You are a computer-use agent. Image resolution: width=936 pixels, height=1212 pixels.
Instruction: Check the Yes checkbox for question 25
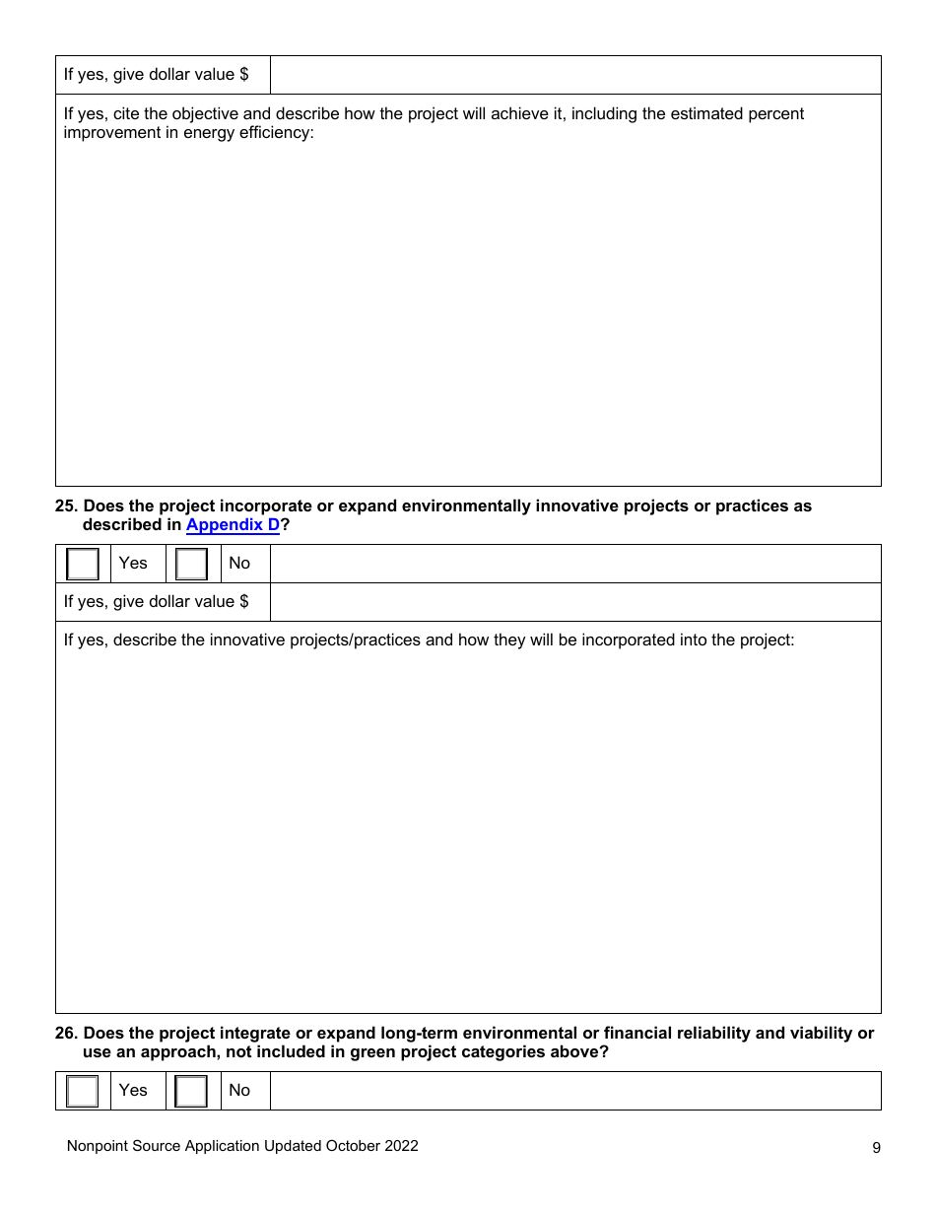83,564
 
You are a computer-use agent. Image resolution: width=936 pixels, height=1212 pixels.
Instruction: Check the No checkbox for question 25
191,564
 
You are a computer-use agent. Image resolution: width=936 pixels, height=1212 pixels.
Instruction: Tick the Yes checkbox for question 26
83,1091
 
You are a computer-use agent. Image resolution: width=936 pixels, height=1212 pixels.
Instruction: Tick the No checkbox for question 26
191,1091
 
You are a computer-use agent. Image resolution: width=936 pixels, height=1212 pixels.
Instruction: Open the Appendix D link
233,525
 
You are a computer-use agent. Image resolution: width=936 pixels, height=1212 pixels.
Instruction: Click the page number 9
876,1147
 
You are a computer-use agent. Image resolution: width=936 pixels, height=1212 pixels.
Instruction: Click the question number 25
66,506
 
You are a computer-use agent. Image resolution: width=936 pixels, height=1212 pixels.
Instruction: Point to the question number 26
66,1034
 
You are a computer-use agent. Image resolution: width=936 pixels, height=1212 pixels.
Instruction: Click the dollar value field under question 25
575,602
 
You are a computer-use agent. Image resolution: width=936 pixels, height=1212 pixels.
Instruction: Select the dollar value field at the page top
575,75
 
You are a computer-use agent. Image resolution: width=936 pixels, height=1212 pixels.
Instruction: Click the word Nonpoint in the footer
98,1146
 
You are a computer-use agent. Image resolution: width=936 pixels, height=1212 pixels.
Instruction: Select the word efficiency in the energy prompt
275,133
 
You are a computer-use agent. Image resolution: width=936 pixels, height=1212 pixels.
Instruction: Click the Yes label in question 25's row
133,564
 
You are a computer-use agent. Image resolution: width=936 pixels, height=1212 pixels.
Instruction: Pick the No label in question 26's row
239,1091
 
